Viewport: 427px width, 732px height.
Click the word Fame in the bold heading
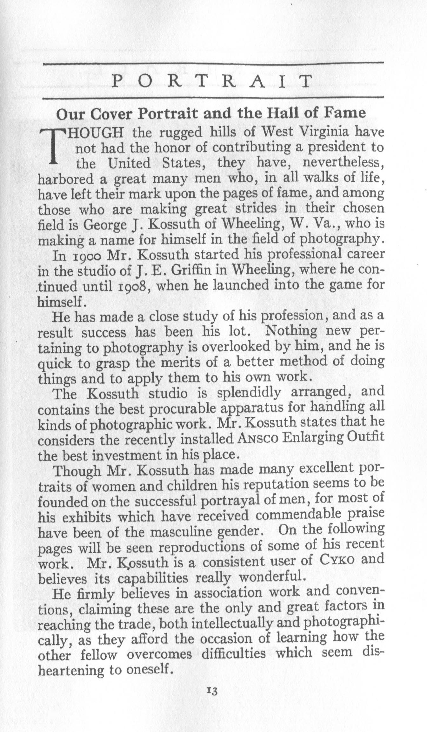[x=349, y=114]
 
